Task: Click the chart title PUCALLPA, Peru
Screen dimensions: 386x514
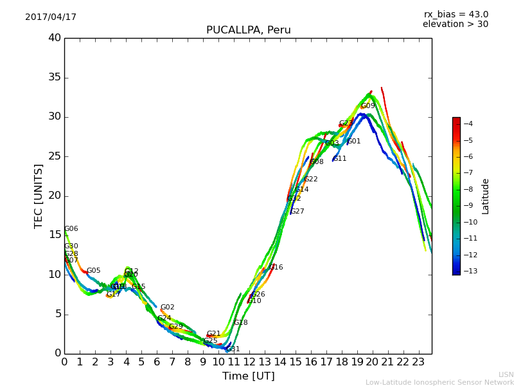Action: pos(248,30)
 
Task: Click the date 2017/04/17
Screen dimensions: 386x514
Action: pos(51,17)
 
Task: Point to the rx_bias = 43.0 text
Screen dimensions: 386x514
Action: pos(456,15)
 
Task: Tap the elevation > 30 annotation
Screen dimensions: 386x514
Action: pos(455,24)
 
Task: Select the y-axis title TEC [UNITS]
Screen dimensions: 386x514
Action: pos(39,196)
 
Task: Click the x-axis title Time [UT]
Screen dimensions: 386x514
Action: pos(248,376)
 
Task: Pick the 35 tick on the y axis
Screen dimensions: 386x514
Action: pos(55,77)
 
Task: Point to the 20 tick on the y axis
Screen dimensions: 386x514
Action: pos(55,196)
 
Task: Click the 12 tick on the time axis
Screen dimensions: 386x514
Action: pos(249,362)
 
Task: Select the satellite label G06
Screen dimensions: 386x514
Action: pos(71,229)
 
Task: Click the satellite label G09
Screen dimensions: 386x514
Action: pos(368,106)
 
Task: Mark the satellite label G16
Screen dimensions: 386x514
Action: pos(276,268)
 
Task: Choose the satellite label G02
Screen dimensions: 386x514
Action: pos(167,308)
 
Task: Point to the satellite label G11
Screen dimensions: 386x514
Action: pos(339,159)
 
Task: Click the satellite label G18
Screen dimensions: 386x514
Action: pos(240,323)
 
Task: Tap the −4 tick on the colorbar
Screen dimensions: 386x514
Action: pos(468,124)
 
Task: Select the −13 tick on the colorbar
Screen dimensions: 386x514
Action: pos(468,271)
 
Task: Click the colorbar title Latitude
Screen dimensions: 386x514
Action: pos(486,196)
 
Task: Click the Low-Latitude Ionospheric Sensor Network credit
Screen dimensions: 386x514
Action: pos(439,383)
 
